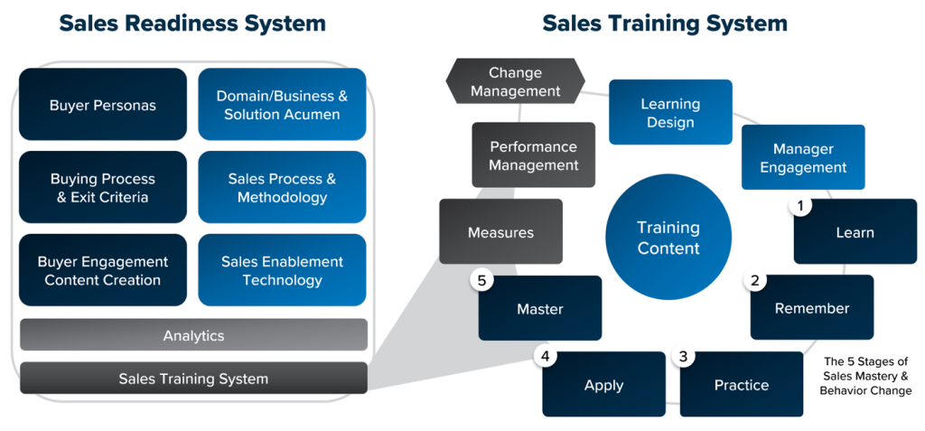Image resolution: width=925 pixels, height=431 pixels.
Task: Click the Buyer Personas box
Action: (x=102, y=105)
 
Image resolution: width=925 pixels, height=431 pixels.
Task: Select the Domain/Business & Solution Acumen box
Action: (x=282, y=105)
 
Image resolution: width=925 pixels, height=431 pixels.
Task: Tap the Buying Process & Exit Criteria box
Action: (x=102, y=188)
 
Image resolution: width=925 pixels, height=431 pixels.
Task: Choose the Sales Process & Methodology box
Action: (x=282, y=188)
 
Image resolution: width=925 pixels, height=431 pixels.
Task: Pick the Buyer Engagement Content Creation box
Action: (x=102, y=270)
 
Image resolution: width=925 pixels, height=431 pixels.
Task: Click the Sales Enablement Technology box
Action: (x=282, y=270)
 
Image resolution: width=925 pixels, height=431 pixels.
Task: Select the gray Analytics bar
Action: (x=193, y=335)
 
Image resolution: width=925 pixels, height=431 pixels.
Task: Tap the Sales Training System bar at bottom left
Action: (x=193, y=379)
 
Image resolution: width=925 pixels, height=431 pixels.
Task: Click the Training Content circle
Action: (x=668, y=237)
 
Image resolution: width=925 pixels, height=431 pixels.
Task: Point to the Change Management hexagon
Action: (x=515, y=81)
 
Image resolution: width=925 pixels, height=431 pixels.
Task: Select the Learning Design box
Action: (x=670, y=112)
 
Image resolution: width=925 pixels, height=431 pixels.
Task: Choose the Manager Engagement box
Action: (x=803, y=157)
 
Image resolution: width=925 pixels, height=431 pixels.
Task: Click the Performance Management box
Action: (x=533, y=155)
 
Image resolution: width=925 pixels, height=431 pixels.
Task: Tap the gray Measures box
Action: (x=500, y=232)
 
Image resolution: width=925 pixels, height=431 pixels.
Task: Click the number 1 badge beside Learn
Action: (x=799, y=205)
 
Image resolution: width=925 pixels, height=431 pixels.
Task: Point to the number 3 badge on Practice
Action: (x=683, y=357)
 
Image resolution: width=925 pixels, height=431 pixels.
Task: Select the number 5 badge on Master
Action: (x=482, y=281)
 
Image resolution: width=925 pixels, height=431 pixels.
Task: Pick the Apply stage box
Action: (x=603, y=385)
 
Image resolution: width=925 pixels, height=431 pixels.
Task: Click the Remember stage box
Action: (x=812, y=308)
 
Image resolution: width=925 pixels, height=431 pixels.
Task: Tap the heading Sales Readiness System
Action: (x=192, y=23)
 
